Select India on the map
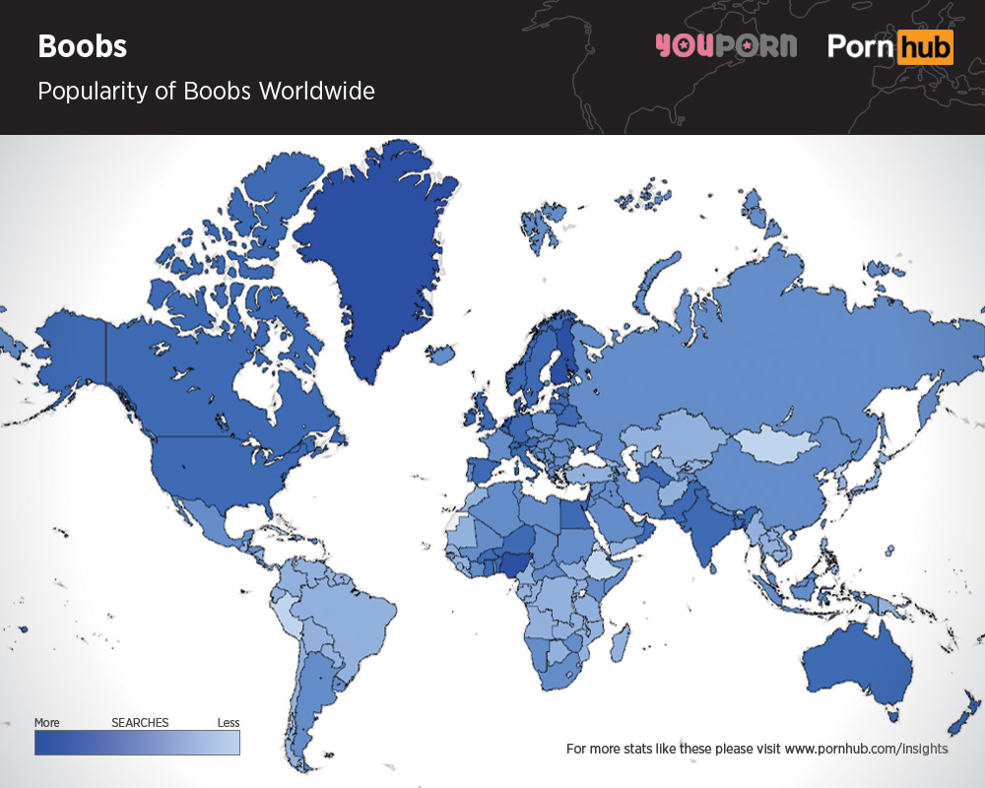pyautogui.click(x=704, y=527)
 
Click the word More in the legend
pyautogui.click(x=47, y=723)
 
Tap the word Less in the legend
pyautogui.click(x=228, y=723)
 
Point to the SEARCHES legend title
pyautogui.click(x=140, y=723)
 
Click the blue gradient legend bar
pyautogui.click(x=137, y=743)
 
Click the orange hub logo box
pyautogui.click(x=925, y=46)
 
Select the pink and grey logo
pyautogui.click(x=725, y=46)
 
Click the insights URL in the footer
pyautogui.click(x=867, y=749)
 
